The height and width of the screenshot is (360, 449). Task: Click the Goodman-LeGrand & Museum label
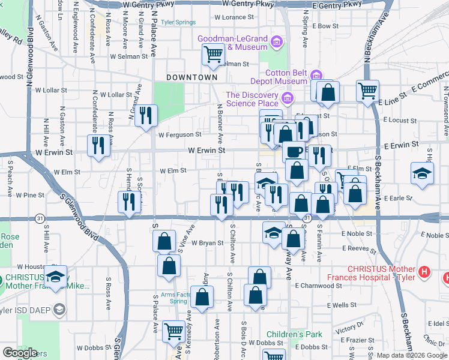pyautogui.click(x=233, y=43)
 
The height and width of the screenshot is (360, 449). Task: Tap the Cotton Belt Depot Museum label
pyautogui.click(x=278, y=77)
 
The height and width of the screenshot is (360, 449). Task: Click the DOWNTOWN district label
pyautogui.click(x=191, y=77)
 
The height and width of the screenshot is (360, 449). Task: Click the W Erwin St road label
pyautogui.click(x=206, y=151)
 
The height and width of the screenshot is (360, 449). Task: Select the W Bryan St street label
pyautogui.click(x=208, y=243)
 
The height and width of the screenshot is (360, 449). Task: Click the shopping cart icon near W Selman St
pyautogui.click(x=213, y=55)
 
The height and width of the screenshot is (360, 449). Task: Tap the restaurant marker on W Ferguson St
pyautogui.click(x=145, y=115)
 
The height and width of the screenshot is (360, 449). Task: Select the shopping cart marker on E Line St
pyautogui.click(x=367, y=91)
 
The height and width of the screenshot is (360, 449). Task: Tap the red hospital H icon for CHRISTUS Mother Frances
pyautogui.click(x=425, y=272)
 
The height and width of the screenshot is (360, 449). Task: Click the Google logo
pyautogui.click(x=20, y=353)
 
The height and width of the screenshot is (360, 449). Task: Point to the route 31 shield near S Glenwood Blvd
pyautogui.click(x=39, y=217)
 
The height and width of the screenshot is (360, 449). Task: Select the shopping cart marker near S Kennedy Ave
pyautogui.click(x=173, y=330)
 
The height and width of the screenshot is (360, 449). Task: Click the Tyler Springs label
pyautogui.click(x=178, y=22)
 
